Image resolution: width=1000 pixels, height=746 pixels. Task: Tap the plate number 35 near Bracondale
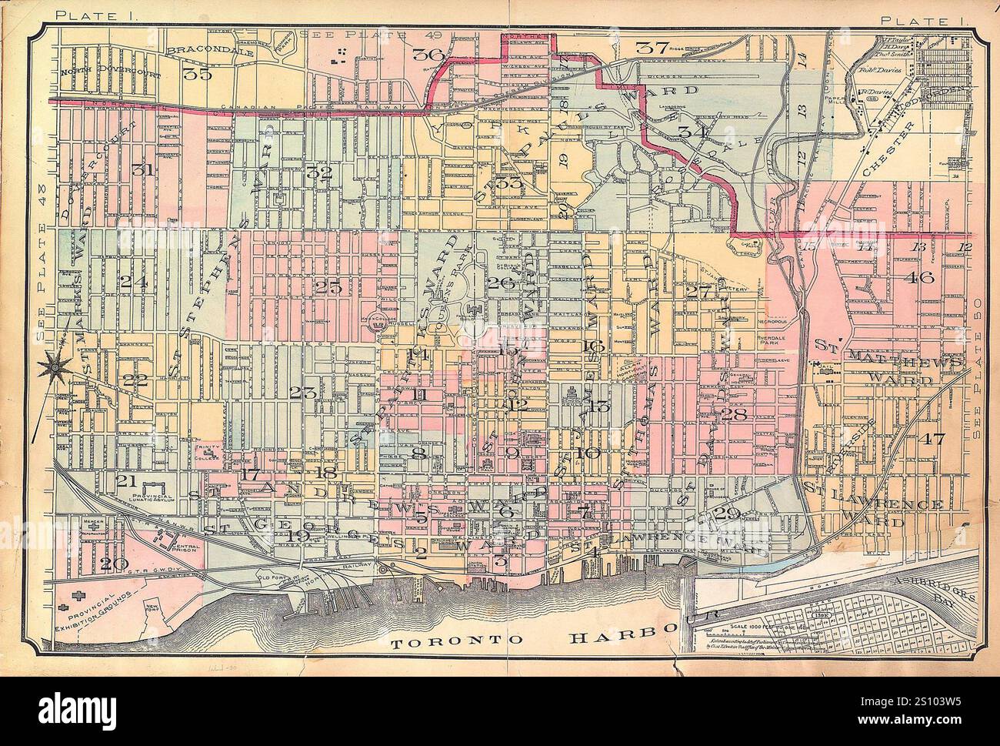click(x=197, y=75)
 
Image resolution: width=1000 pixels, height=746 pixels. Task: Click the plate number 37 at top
click(x=652, y=47)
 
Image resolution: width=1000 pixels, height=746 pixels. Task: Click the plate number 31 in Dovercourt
click(x=141, y=170)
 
